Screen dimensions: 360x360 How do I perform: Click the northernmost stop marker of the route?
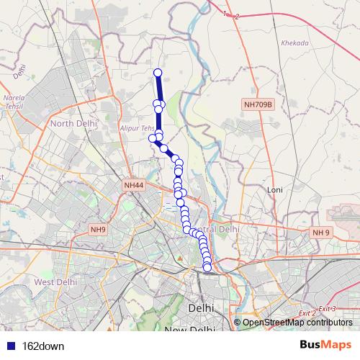158,71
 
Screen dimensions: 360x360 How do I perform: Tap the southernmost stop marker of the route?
207,269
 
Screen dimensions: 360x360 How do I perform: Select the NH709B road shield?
258,105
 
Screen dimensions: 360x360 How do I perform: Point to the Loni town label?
275,189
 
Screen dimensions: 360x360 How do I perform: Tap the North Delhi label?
72,123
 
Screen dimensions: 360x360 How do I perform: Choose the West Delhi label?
55,282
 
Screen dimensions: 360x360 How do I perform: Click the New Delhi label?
189,330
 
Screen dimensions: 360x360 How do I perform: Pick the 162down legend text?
43,346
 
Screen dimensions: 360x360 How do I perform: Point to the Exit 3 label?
328,308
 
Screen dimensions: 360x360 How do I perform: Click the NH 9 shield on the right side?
320,232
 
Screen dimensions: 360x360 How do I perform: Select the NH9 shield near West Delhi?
99,230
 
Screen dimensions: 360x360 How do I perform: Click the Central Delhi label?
218,229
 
